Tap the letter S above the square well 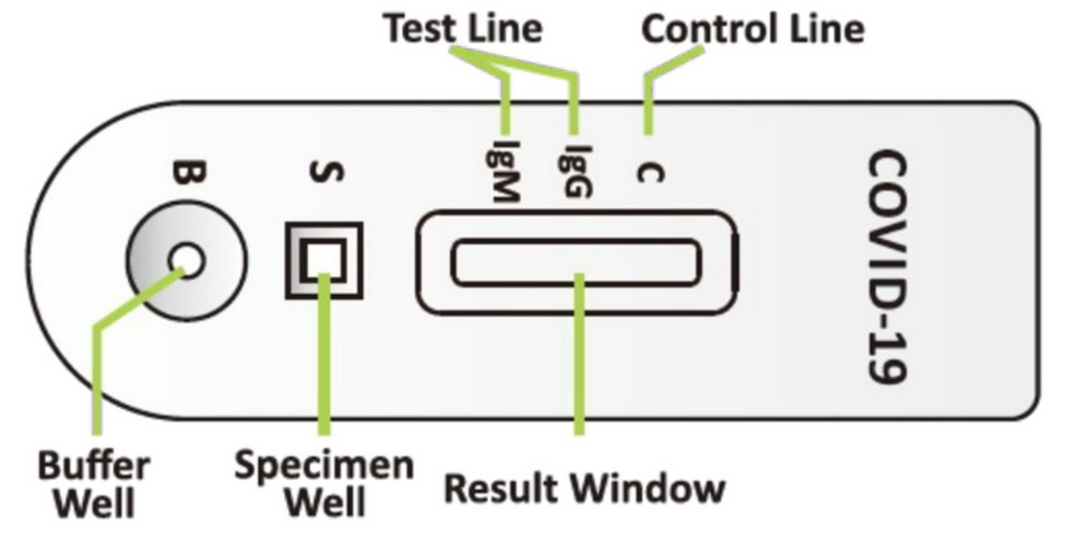pos(327,172)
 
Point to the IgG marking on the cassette pos(575,171)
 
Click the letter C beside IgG pos(650,173)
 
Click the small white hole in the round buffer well pos(187,261)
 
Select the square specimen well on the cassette pos(324,260)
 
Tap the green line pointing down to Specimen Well pos(324,361)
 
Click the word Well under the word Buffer pos(95,503)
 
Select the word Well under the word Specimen pos(324,502)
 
